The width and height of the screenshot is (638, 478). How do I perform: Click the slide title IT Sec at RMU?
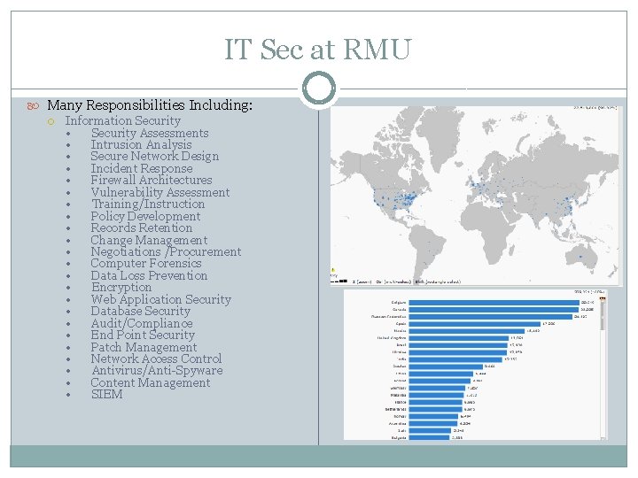tap(318, 50)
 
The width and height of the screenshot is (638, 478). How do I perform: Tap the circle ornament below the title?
tap(318, 89)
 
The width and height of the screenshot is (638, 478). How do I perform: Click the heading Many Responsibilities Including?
tap(150, 105)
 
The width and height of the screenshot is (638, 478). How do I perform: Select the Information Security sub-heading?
tap(123, 120)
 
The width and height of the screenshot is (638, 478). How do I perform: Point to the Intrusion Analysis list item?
tap(141, 144)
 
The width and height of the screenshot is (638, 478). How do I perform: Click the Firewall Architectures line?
tap(152, 180)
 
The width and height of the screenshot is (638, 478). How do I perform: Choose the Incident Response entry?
tap(142, 168)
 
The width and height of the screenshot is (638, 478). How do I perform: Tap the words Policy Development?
tap(145, 216)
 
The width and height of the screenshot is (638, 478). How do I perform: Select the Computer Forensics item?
tap(146, 263)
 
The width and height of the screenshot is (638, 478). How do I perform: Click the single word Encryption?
tap(121, 287)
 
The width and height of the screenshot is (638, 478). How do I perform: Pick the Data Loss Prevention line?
tap(149, 275)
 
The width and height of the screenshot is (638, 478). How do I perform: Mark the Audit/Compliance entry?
tap(142, 323)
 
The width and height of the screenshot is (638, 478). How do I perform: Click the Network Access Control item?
tap(156, 358)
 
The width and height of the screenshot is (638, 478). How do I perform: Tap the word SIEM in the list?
tap(106, 394)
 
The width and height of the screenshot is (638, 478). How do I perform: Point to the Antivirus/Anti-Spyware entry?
tap(157, 370)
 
